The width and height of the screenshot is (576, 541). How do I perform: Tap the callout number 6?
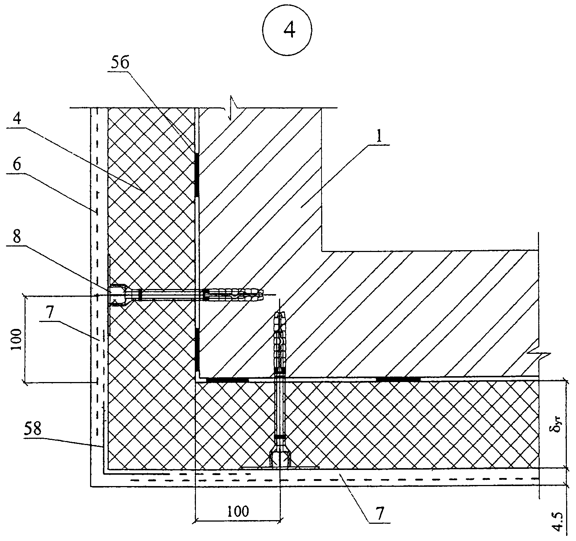(17, 165)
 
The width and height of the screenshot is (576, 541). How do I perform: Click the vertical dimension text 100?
(17, 339)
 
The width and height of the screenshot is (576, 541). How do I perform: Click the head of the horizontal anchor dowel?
(118, 295)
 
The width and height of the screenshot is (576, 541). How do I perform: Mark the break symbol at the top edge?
(230, 108)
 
